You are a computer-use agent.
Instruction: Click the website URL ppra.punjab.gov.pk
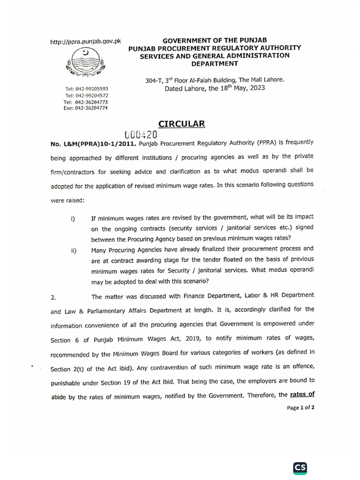click(x=85, y=41)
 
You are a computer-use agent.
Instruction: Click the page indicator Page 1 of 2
click(x=300, y=408)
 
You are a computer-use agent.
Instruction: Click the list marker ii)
click(x=74, y=250)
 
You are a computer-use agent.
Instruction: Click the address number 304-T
click(x=156, y=80)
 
